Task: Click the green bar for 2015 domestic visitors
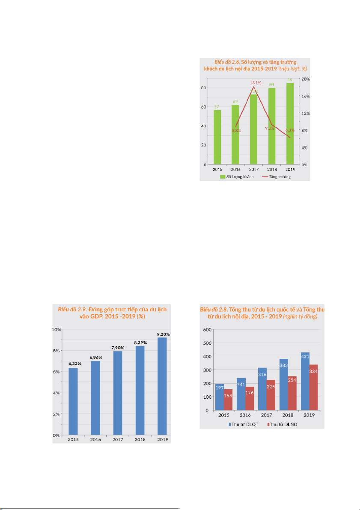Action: click(217, 137)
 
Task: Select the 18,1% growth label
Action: click(255, 83)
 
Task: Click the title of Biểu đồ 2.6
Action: click(256, 66)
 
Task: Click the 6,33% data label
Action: click(73, 364)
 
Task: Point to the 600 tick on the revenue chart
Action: click(207, 329)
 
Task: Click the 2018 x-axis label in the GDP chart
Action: click(140, 439)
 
